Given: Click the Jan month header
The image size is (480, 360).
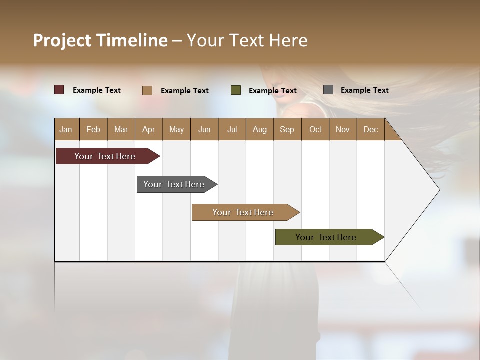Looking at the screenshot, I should pos(66,129).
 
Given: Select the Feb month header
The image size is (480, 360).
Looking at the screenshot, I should pos(93,129).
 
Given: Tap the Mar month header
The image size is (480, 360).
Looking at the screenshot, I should pos(121,129).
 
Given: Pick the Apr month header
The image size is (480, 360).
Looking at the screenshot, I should pos(149,129).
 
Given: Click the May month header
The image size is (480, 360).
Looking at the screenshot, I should pos(176,129).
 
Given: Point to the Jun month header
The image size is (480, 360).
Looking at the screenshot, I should pos(204,129).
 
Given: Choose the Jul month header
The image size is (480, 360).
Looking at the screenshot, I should pos(232,129).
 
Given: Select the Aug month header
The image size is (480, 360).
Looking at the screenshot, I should pos(260,129).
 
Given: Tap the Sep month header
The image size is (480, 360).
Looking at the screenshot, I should pos(287,129).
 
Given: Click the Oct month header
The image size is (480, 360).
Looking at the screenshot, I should pos(315,129).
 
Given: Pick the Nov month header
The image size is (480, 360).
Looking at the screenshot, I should pos(343,129).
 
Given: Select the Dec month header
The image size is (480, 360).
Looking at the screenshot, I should pos(371,129).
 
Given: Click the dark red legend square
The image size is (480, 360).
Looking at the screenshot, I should pos(59,90).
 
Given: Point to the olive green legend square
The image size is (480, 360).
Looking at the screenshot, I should pos(236,90).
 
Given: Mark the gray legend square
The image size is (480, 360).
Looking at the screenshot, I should pos(328,90).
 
